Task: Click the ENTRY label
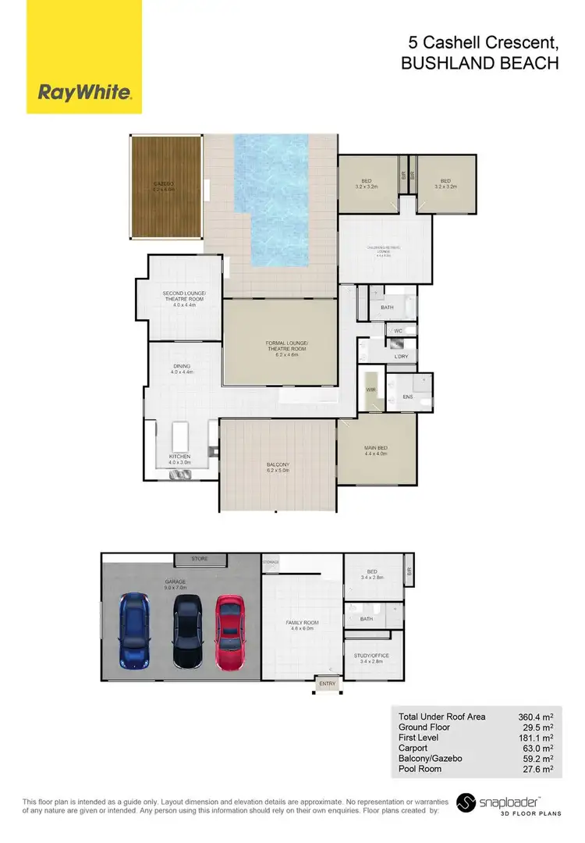tap(325, 684)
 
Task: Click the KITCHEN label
tap(179, 457)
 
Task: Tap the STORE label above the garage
tap(200, 559)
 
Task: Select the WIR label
tap(371, 389)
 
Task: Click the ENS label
tap(406, 397)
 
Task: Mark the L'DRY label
tap(402, 356)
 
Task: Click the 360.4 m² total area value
tap(536, 717)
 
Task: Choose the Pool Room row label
tap(420, 769)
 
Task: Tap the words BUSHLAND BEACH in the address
tap(480, 65)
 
